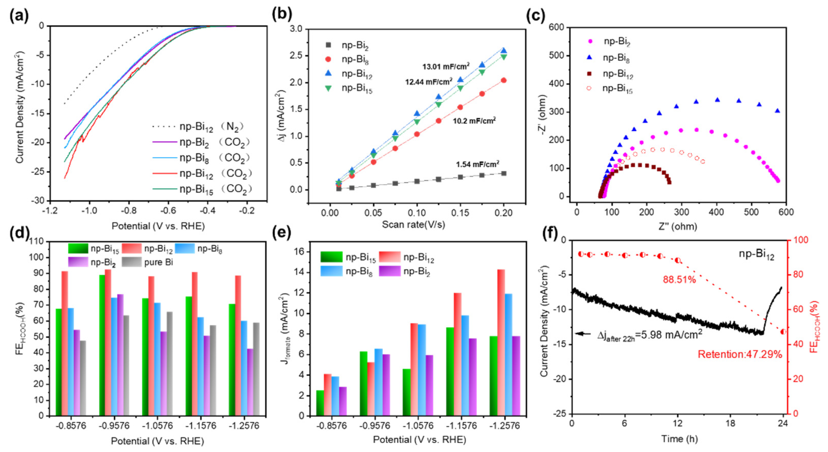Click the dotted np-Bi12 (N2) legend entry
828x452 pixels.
pos(196,127)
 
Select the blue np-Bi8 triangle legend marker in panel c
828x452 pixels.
pos(589,57)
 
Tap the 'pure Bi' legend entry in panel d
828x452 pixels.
pos(158,263)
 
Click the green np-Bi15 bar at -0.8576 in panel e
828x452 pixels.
pos(320,403)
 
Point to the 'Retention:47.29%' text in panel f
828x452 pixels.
pos(740,354)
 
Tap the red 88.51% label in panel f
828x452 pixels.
pos(679,279)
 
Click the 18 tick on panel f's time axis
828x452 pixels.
pos(730,423)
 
